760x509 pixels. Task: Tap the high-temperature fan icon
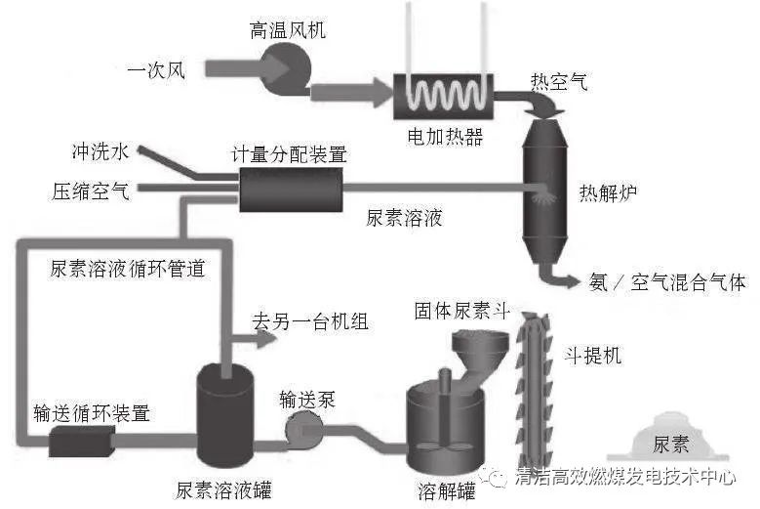pyautogui.click(x=289, y=65)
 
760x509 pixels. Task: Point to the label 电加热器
pyautogui.click(x=445, y=135)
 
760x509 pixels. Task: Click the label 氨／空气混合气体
pyautogui.click(x=667, y=282)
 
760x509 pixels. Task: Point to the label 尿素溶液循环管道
pyautogui.click(x=128, y=269)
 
